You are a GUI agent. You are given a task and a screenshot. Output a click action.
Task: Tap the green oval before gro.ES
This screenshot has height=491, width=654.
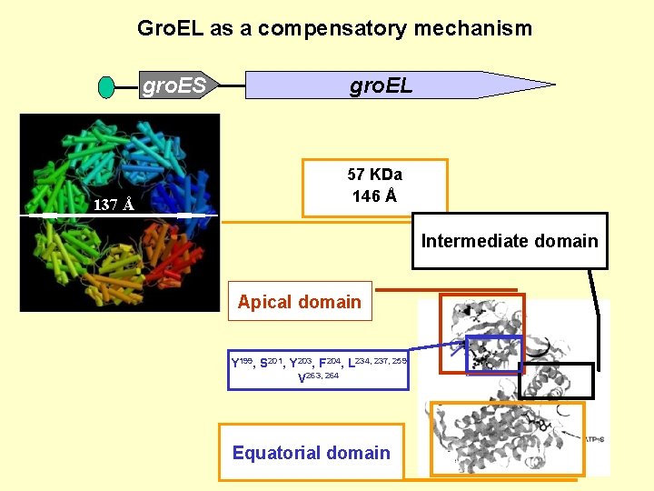click(106, 87)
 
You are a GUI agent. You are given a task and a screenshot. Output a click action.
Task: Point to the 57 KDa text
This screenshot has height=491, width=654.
click(374, 175)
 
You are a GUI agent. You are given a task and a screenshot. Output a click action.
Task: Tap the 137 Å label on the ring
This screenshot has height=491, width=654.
click(114, 205)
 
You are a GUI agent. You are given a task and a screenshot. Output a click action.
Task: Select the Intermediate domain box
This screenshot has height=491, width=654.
click(510, 241)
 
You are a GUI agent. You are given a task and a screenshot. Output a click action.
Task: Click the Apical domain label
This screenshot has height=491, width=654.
click(299, 302)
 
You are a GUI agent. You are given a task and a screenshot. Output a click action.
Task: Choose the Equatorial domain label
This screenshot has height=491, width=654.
click(311, 453)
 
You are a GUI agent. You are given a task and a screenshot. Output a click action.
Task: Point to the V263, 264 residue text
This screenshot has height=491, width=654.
click(318, 376)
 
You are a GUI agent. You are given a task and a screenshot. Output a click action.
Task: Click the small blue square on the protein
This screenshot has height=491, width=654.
click(493, 355)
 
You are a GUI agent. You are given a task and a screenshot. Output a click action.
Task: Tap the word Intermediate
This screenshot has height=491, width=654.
click(473, 241)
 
